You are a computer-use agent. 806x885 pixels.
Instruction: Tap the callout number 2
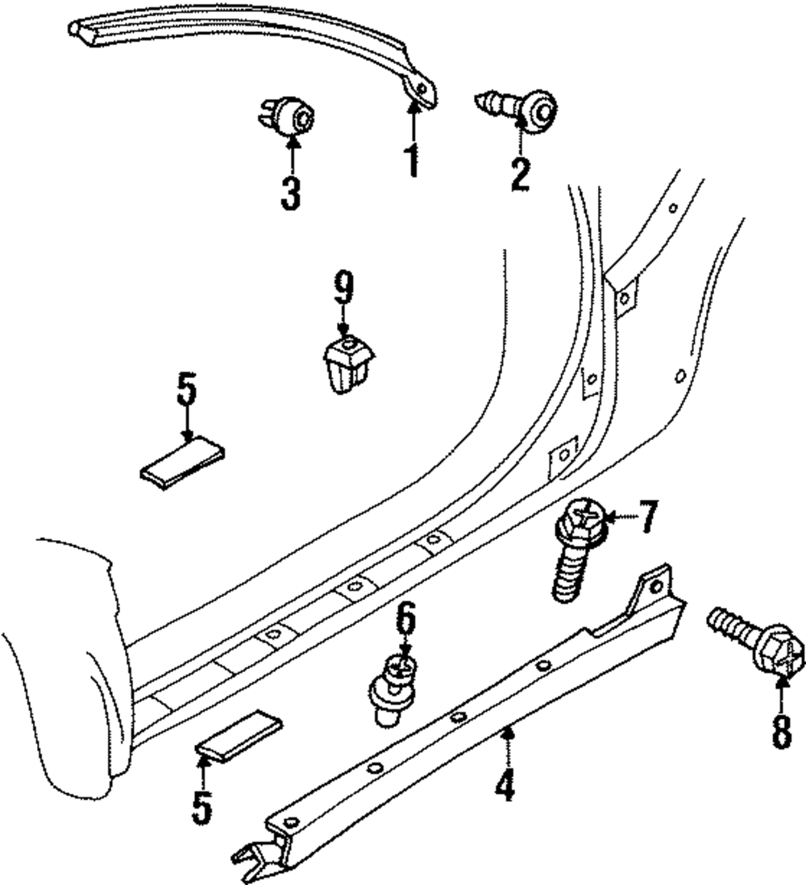click(520, 173)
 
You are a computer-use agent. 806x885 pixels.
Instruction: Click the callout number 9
click(345, 289)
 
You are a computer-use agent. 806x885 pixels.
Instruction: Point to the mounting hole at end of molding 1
click(419, 87)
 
